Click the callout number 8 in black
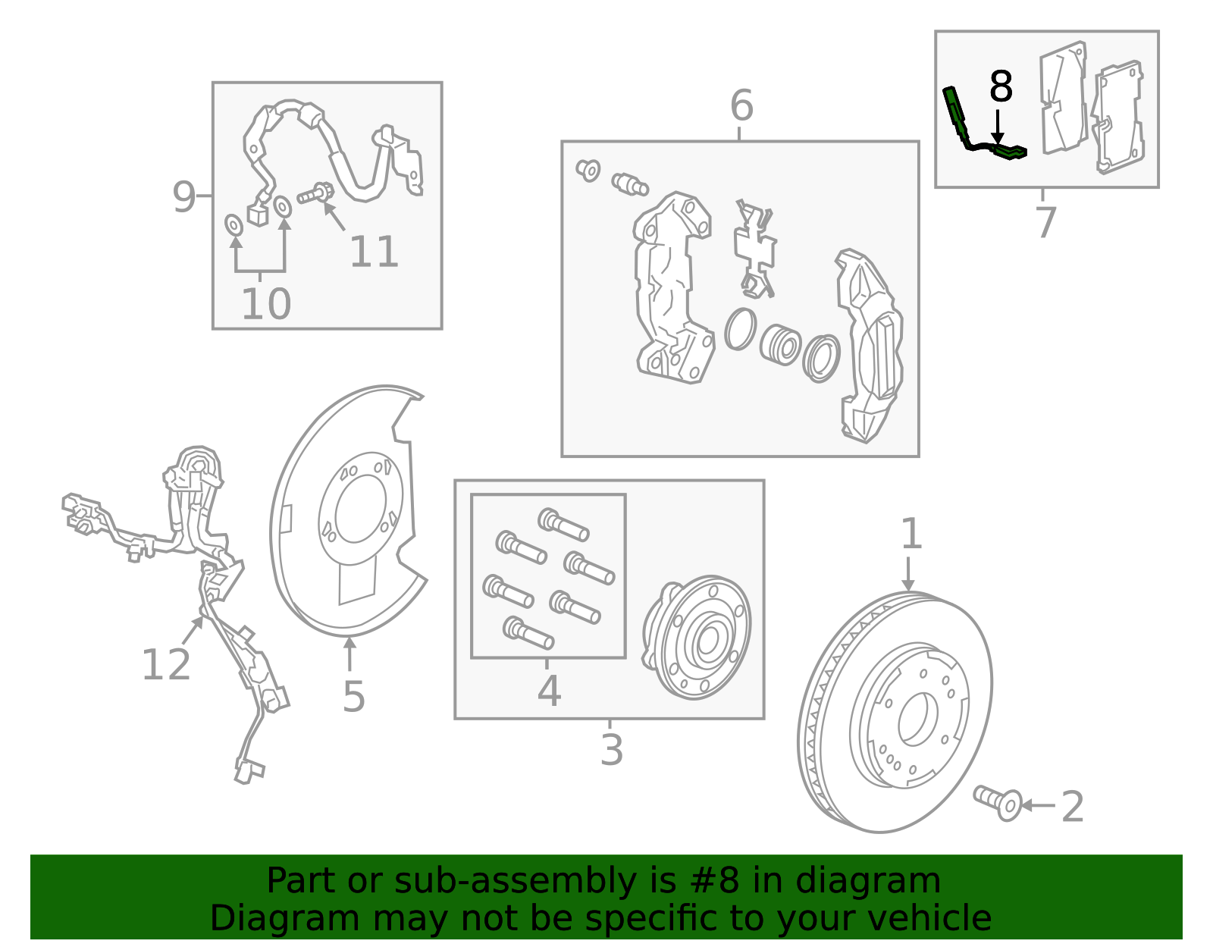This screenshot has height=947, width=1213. click(x=1001, y=87)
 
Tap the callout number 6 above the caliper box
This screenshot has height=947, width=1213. click(x=741, y=105)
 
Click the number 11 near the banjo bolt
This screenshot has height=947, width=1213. click(x=374, y=252)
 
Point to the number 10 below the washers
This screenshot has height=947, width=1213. click(x=266, y=305)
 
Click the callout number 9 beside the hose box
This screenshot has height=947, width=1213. click(x=184, y=197)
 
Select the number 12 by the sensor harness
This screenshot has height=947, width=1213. click(x=166, y=665)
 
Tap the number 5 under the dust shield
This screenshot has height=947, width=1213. click(x=353, y=696)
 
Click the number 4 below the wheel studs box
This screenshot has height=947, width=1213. click(x=549, y=691)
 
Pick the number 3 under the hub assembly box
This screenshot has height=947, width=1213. click(x=611, y=750)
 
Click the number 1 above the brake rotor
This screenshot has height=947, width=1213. click(x=911, y=535)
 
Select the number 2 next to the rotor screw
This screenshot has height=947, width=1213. click(x=1073, y=807)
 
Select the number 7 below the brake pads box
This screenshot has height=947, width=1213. click(x=1045, y=223)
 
